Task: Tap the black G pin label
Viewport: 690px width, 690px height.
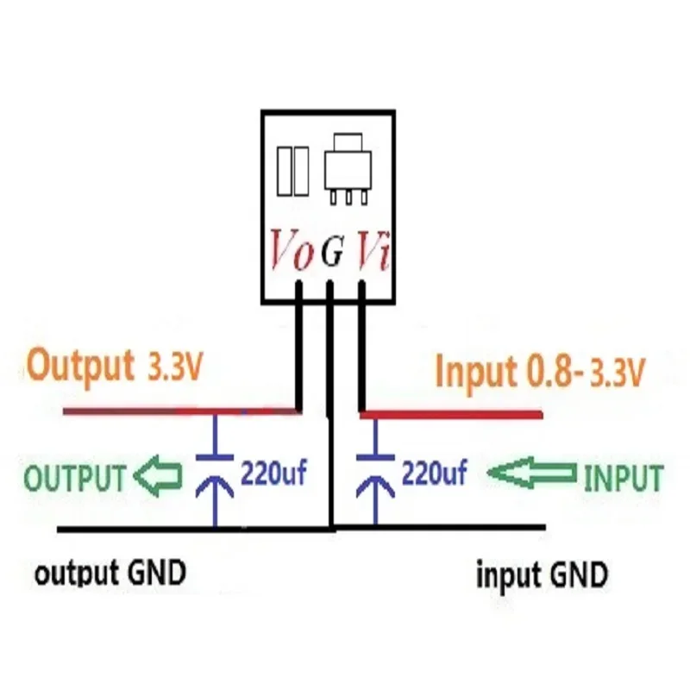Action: pyautogui.click(x=332, y=252)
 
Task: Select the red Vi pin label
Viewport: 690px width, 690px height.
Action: pyautogui.click(x=374, y=250)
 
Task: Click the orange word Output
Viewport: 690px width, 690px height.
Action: pyautogui.click(x=79, y=366)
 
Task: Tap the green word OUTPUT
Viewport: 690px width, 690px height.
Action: pyautogui.click(x=74, y=477)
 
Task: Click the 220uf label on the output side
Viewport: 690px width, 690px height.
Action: pyautogui.click(x=273, y=474)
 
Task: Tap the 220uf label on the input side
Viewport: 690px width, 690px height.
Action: pyautogui.click(x=433, y=474)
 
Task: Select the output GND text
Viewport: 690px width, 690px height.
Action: pyautogui.click(x=110, y=573)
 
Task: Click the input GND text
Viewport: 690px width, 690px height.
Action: pyautogui.click(x=542, y=574)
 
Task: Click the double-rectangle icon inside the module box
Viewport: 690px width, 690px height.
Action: pyautogui.click(x=292, y=168)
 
